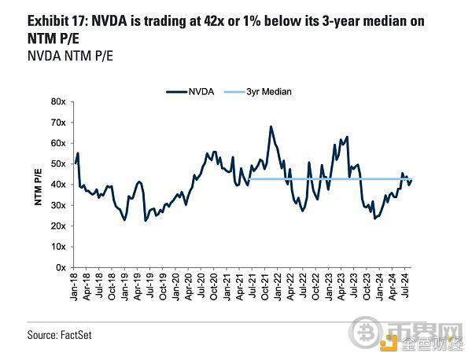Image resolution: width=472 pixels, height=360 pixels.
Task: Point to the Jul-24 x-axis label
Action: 404,288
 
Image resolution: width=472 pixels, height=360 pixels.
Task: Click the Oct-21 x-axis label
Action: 266,288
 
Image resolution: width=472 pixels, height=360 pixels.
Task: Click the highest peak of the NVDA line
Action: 271,126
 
